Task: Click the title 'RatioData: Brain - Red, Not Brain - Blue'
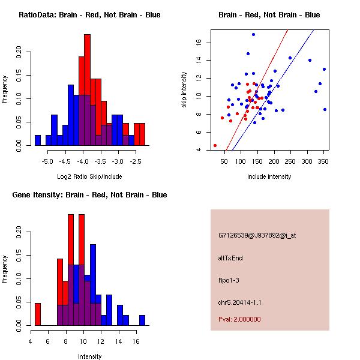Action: click(89, 15)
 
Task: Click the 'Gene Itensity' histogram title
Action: click(89, 195)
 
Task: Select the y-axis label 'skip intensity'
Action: click(185, 90)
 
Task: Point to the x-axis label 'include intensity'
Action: click(269, 177)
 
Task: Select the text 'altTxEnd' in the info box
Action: click(230, 258)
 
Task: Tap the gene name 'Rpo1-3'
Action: click(229, 280)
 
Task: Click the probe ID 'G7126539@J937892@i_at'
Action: click(257, 235)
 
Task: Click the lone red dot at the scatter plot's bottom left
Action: click(215, 145)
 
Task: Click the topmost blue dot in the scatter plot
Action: click(253, 34)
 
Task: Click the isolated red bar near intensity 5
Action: click(38, 314)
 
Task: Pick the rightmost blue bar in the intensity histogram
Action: click(142, 320)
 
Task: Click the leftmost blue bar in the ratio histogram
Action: click(38, 140)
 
